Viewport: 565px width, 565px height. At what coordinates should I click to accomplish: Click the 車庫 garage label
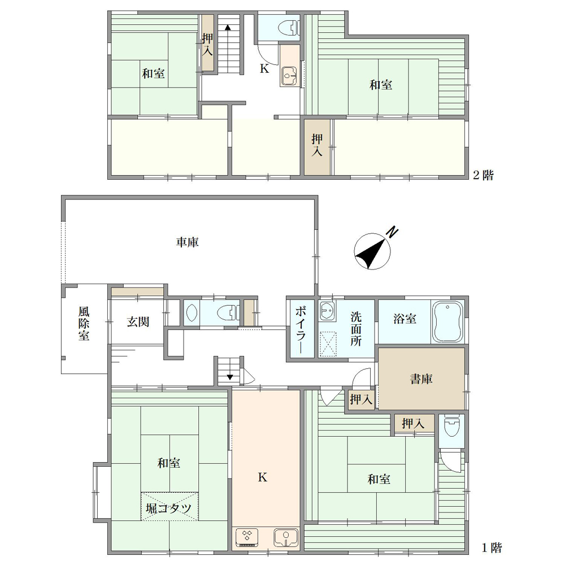click(x=188, y=242)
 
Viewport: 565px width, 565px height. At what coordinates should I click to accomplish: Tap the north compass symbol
click(x=373, y=251)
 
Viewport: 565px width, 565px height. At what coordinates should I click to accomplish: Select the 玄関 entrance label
click(x=138, y=322)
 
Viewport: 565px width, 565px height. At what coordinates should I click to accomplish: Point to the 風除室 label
click(x=84, y=324)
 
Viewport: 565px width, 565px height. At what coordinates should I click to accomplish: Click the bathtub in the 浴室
click(x=447, y=321)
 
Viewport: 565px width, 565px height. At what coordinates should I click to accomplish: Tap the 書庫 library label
click(x=421, y=379)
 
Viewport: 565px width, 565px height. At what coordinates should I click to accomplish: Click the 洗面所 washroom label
click(x=356, y=329)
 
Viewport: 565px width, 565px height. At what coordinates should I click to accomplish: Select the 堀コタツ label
click(x=168, y=508)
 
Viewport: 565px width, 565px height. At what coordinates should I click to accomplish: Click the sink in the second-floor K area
click(x=289, y=76)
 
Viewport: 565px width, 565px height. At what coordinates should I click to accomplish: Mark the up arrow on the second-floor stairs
click(x=227, y=28)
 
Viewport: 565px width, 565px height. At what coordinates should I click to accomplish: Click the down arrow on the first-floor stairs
click(x=230, y=377)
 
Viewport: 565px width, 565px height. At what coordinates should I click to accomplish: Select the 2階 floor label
click(x=483, y=175)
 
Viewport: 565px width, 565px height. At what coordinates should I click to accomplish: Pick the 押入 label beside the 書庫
click(x=361, y=399)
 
